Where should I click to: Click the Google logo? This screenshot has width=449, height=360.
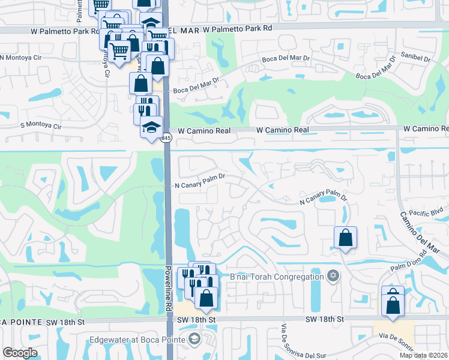click(x=20, y=352)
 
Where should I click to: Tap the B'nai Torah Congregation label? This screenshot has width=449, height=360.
click(x=277, y=277)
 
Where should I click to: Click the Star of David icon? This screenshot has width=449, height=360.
click(x=333, y=277)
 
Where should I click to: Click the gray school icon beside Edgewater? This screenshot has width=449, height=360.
click(x=194, y=340)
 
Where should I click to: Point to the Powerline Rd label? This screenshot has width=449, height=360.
click(x=169, y=288)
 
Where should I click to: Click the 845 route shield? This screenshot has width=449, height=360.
click(x=166, y=138)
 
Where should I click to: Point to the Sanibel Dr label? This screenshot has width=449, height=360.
click(x=419, y=59)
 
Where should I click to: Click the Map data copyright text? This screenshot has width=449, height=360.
click(x=423, y=355)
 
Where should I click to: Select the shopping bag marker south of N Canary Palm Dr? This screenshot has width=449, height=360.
click(x=345, y=238)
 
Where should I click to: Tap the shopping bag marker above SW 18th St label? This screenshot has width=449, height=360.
click(x=206, y=298)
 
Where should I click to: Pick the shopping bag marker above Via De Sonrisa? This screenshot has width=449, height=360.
click(x=393, y=305)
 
